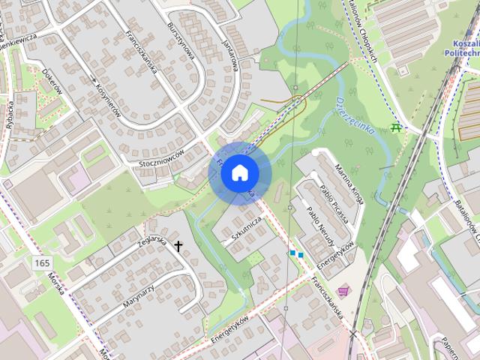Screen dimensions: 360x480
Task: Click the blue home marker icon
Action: (x=238, y=173)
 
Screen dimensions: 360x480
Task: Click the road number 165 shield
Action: (x=42, y=262)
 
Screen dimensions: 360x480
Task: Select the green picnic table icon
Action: (x=397, y=128)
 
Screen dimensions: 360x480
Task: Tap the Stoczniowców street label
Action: (x=162, y=158)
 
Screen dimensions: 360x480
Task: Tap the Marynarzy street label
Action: (x=138, y=288)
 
